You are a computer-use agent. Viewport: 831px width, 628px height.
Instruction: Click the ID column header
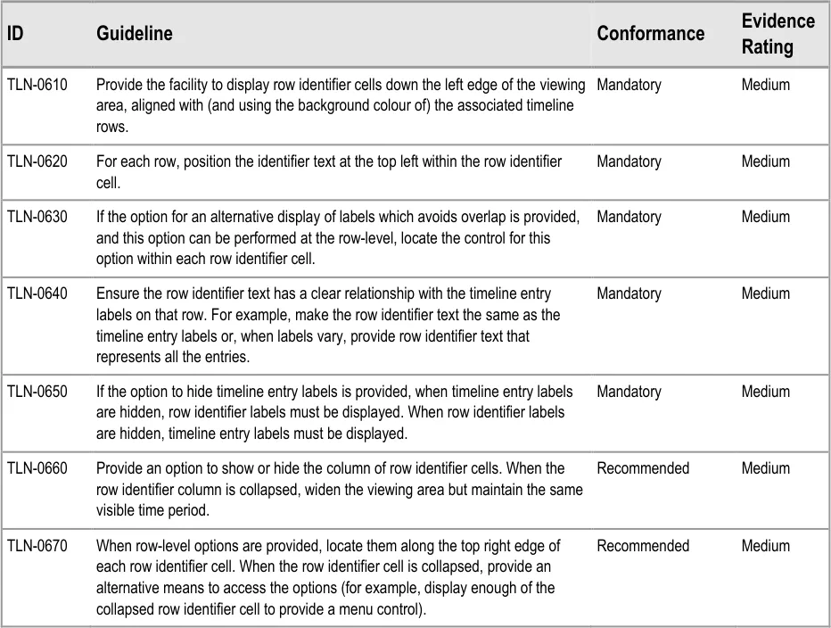click(15, 34)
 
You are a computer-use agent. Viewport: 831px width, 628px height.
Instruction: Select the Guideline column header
click(134, 34)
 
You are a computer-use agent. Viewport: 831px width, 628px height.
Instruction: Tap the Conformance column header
click(650, 34)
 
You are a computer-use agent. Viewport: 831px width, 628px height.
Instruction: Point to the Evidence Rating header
click(778, 34)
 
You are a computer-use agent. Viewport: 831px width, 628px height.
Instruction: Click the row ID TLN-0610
click(37, 85)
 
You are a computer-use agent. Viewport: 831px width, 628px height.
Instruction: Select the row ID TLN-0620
click(37, 161)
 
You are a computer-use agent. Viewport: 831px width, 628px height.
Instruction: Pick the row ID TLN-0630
click(37, 217)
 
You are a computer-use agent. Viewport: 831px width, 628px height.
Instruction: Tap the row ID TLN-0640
click(37, 293)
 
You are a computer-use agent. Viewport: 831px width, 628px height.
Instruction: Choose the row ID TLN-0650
click(37, 392)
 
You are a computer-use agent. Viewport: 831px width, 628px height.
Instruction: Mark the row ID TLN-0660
click(37, 468)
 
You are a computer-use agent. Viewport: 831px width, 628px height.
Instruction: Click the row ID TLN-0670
click(37, 545)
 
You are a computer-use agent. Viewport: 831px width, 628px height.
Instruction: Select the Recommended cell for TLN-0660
click(642, 468)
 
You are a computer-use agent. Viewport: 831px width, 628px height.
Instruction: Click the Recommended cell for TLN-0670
click(642, 545)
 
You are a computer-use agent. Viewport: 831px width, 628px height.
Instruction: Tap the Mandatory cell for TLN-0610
click(629, 85)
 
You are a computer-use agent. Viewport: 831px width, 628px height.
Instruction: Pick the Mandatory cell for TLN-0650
click(629, 392)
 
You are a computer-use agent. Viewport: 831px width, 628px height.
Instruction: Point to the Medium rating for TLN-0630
click(765, 217)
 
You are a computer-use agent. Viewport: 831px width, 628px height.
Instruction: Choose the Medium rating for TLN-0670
click(765, 545)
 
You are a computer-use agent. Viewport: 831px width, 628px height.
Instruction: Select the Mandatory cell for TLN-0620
click(629, 161)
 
